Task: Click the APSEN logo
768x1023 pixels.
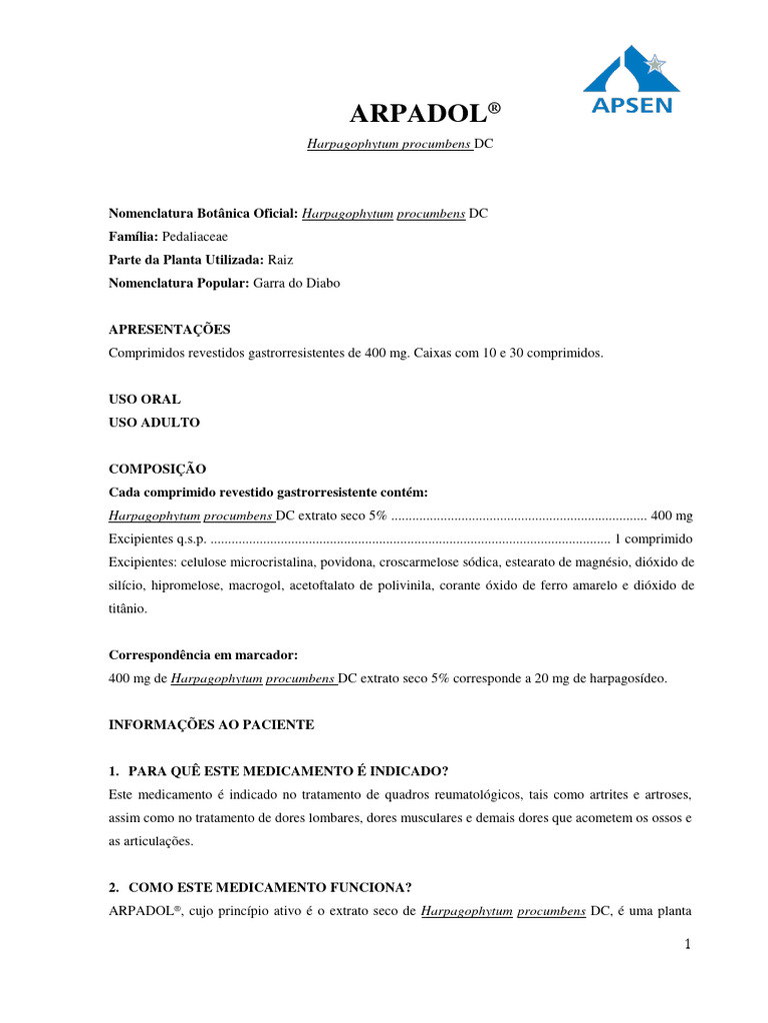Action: point(629,79)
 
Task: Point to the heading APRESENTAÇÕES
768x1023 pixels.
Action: point(169,329)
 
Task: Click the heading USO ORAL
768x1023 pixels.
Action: point(144,399)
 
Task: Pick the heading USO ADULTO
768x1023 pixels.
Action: point(154,422)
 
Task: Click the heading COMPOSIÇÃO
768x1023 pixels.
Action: point(157,468)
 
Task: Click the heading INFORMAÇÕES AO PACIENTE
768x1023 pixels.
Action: point(211,724)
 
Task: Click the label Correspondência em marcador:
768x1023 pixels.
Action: point(203,654)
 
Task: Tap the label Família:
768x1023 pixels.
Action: point(132,237)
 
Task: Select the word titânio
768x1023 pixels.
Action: point(128,607)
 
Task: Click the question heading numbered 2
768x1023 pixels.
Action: point(260,886)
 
